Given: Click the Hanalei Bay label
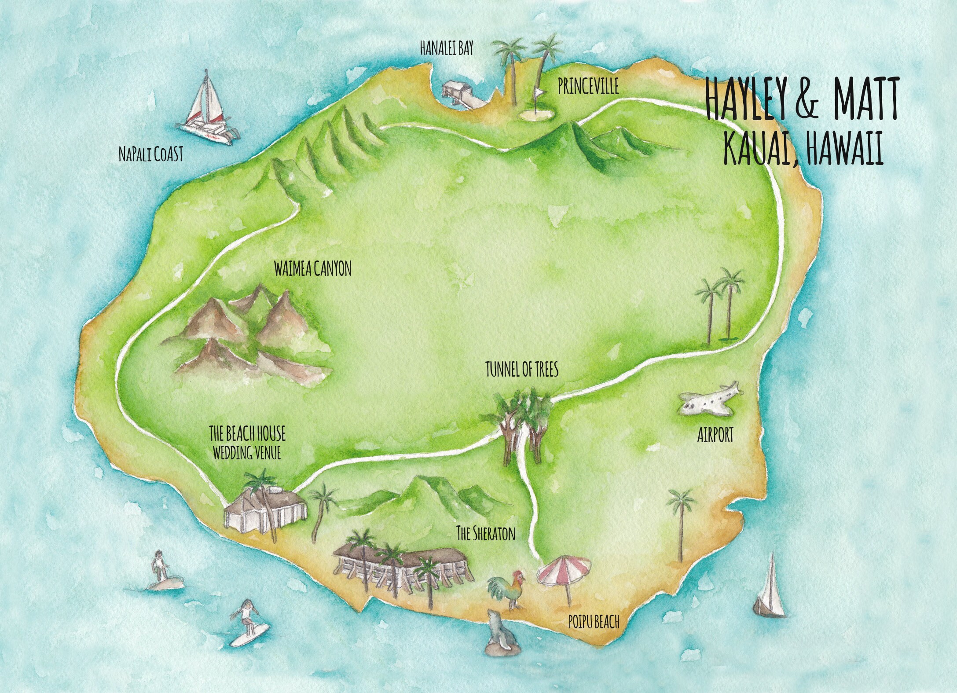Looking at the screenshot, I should (446, 49).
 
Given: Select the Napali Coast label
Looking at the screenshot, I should (150, 155).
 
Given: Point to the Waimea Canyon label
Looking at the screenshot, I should (312, 269).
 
